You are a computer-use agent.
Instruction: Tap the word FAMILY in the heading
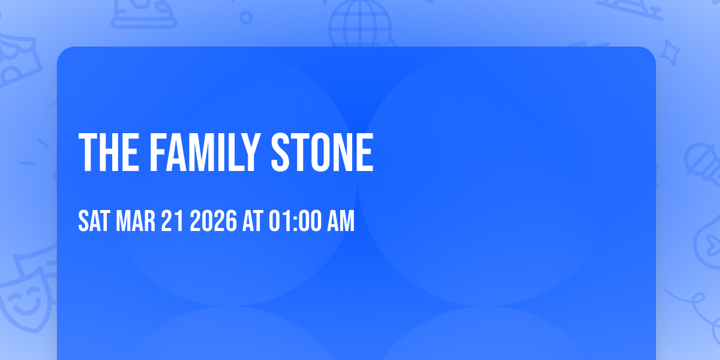[x=205, y=153]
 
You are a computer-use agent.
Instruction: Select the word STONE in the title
[x=322, y=153]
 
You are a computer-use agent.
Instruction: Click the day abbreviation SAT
[x=94, y=221]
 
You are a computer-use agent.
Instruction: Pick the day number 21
[x=172, y=221]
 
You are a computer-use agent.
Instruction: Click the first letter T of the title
[x=88, y=153]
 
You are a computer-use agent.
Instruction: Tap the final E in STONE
[x=364, y=153]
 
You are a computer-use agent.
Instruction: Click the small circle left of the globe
[x=246, y=17]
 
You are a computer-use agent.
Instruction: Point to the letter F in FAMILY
[x=158, y=153]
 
